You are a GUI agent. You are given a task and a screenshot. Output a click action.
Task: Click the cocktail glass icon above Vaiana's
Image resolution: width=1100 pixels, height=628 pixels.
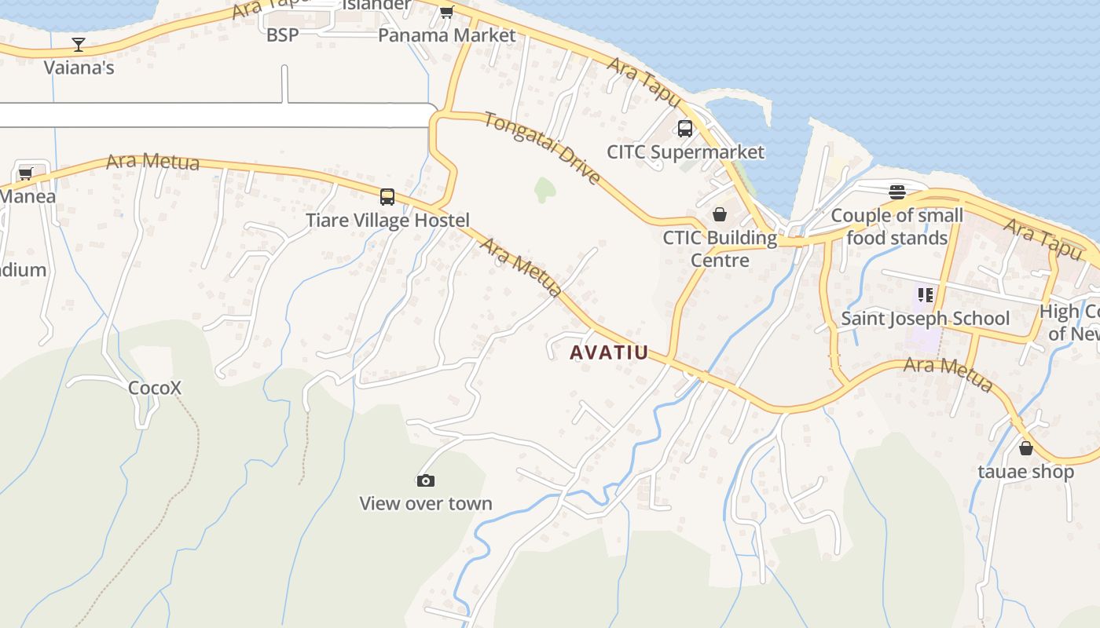click(79, 44)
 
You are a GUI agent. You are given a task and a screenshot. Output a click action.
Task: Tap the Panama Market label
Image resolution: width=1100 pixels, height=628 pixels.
click(446, 35)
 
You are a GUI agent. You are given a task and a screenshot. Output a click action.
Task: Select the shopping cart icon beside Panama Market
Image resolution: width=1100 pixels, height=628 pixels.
click(446, 12)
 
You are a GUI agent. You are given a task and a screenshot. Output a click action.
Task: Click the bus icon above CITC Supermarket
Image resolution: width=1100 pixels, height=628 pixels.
click(685, 128)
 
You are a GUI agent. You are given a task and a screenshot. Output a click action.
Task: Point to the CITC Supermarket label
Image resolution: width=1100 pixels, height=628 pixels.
click(685, 152)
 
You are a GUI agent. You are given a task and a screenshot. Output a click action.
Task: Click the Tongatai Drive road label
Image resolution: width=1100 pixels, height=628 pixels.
click(542, 148)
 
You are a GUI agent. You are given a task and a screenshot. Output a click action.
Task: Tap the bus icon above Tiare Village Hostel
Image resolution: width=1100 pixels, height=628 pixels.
click(387, 196)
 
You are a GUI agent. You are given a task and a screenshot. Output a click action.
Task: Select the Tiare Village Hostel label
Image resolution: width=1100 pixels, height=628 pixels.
click(387, 220)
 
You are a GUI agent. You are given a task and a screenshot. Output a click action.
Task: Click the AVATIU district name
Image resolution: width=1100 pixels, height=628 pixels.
click(610, 352)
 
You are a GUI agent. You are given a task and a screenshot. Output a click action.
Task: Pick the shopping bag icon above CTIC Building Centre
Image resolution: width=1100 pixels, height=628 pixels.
click(719, 214)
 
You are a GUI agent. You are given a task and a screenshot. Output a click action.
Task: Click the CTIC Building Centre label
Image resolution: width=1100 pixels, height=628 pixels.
click(719, 249)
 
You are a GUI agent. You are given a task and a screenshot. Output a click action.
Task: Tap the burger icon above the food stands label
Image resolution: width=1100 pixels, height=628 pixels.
click(897, 192)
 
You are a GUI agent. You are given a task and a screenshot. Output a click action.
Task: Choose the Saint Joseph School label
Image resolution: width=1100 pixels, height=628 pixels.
click(925, 318)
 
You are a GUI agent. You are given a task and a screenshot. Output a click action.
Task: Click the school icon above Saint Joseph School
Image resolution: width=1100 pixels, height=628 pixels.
click(925, 295)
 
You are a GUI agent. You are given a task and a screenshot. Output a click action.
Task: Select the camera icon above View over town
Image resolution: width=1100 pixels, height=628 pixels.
click(425, 480)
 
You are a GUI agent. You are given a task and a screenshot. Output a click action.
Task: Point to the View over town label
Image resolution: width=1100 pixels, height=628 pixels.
click(425, 503)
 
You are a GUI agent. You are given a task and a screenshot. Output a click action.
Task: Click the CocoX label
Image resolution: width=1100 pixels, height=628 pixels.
click(155, 388)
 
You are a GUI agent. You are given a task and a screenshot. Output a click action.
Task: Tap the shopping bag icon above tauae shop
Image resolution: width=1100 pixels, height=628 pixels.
click(1025, 448)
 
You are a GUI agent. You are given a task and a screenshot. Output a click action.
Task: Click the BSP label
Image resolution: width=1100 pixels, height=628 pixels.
click(282, 35)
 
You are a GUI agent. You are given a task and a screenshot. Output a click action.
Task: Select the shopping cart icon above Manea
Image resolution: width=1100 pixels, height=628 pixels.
click(25, 173)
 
